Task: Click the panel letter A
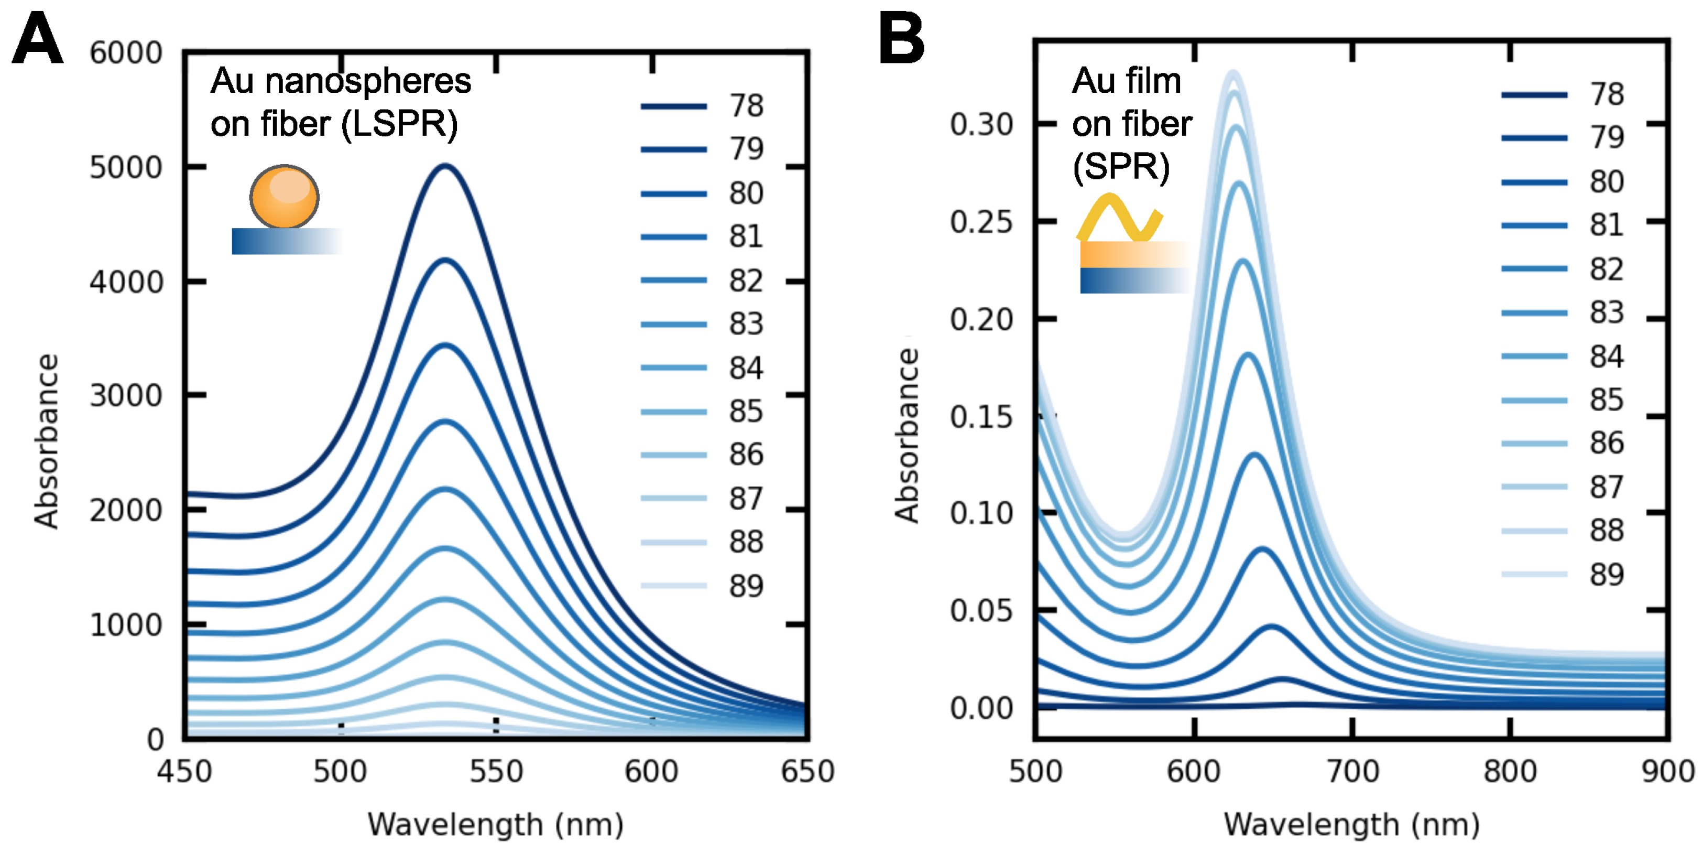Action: coord(38,40)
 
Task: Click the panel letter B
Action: coord(901,40)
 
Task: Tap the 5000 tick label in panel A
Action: coord(126,168)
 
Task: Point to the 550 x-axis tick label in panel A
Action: coord(496,772)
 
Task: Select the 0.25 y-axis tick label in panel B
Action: coord(981,222)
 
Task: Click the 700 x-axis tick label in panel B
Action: coord(1352,772)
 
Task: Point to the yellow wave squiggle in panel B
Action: coord(1119,218)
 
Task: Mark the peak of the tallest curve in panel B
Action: coord(1233,72)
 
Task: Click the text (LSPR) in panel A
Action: coord(399,124)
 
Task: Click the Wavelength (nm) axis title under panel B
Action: coord(1351,825)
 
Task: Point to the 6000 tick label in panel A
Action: coord(126,53)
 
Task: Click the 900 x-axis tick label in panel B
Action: coord(1667,772)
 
